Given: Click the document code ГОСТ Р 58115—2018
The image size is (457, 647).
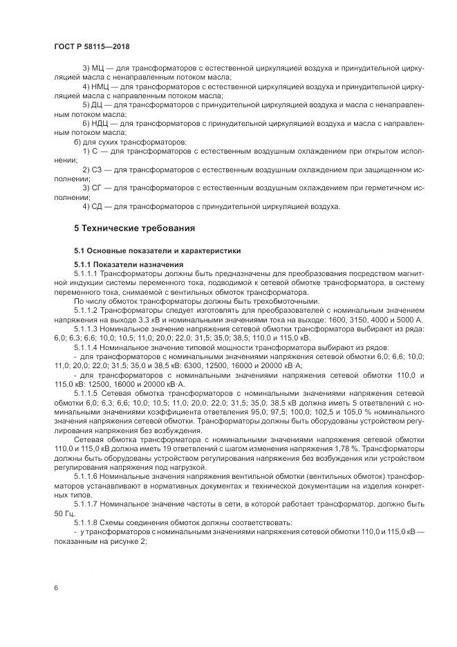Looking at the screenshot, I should [x=91, y=46].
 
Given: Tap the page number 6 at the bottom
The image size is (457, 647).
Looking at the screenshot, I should [x=55, y=587].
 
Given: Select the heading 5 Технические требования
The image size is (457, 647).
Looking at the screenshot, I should [x=135, y=228].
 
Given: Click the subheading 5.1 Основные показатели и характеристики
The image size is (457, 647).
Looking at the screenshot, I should [x=158, y=250].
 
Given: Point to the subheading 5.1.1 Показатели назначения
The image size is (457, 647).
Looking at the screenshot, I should [x=129, y=265].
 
